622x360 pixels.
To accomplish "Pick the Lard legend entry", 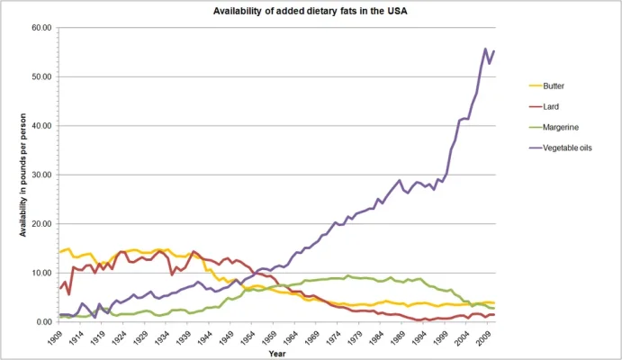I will [554, 105].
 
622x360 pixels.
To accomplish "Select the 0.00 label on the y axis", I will [44, 321].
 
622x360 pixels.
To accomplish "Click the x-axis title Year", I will [277, 353].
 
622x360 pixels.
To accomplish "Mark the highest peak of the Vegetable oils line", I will [486, 49].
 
